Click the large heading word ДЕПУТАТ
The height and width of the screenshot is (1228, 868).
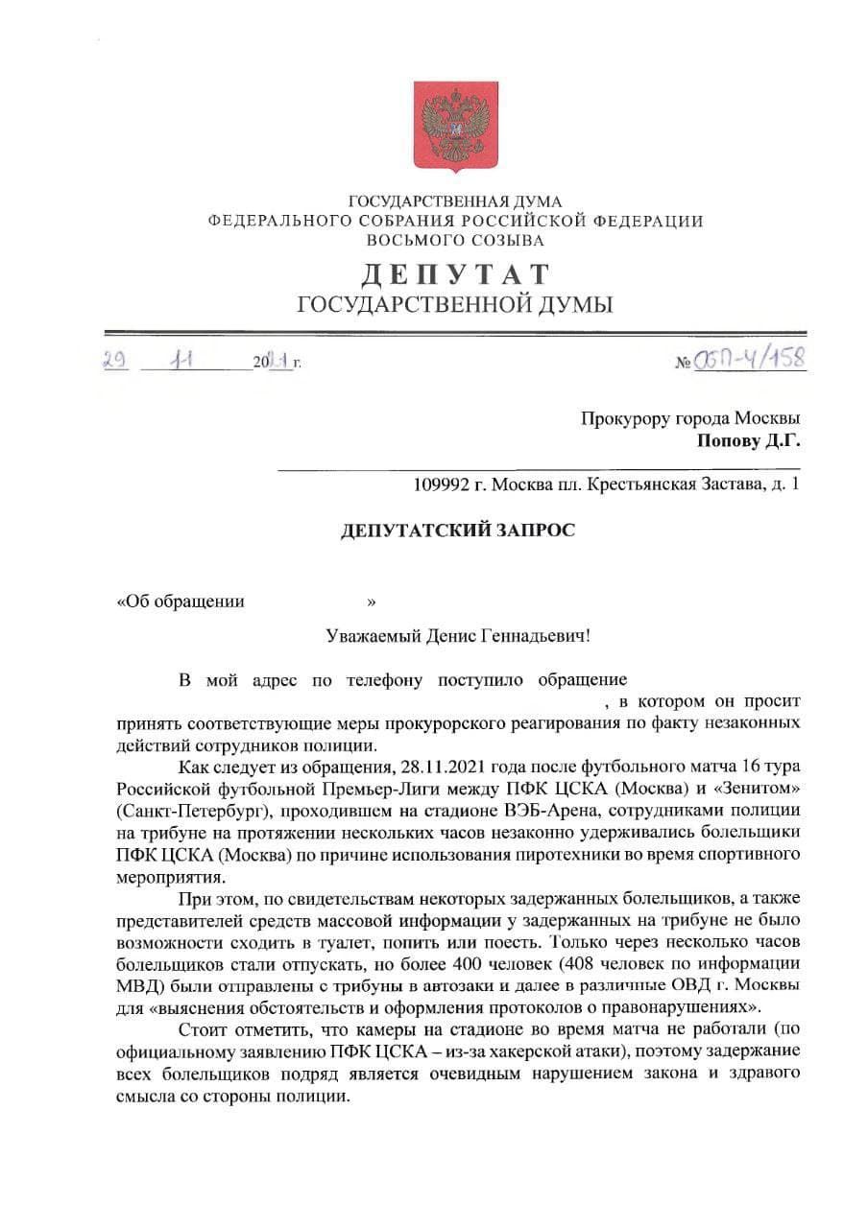pyautogui.click(x=456, y=274)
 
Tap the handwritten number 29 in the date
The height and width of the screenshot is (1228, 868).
pyautogui.click(x=117, y=362)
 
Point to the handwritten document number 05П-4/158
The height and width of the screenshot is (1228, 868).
pyautogui.click(x=749, y=360)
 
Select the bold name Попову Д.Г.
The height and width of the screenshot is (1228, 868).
pyautogui.click(x=748, y=441)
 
